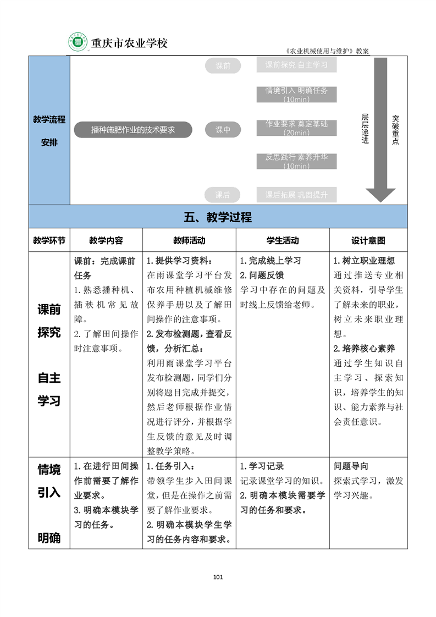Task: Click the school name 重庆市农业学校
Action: click(x=129, y=43)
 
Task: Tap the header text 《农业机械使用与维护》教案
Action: click(x=327, y=51)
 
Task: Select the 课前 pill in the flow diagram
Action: click(x=223, y=66)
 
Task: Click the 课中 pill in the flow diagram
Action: click(x=223, y=130)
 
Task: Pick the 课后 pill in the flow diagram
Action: click(x=223, y=195)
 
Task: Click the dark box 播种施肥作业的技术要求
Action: click(x=133, y=130)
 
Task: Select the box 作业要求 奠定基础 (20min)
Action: click(x=296, y=128)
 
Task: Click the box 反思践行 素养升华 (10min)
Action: click(x=296, y=161)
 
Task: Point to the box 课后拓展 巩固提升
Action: click(x=296, y=195)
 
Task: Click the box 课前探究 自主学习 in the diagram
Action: click(x=296, y=65)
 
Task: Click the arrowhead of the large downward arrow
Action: click(x=380, y=195)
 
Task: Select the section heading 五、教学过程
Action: click(x=218, y=217)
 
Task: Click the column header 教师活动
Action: click(x=189, y=240)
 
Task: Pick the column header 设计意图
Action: click(x=368, y=240)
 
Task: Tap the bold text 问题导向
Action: click(x=351, y=466)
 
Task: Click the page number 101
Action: click(x=218, y=577)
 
